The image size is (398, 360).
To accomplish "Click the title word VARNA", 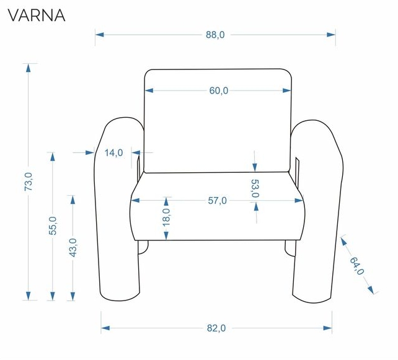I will click(36, 15).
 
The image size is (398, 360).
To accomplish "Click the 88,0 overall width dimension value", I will click(215, 35).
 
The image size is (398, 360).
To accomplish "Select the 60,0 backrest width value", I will click(218, 90).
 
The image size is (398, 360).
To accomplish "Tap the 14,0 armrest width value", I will click(113, 152).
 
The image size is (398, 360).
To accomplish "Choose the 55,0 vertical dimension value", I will click(53, 226).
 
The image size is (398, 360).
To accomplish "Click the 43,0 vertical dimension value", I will click(73, 247).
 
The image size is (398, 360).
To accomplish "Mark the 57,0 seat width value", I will click(218, 201).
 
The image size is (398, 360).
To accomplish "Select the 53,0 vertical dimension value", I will click(255, 188).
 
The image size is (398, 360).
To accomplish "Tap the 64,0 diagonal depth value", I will click(357, 265).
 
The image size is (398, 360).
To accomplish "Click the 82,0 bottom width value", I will click(216, 328).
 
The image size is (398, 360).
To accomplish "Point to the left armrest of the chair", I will click(118, 211).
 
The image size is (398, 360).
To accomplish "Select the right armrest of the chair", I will click(317, 211).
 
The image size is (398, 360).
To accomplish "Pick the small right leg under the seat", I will click(290, 247).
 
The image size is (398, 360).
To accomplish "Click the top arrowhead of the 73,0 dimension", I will click(27, 67).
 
